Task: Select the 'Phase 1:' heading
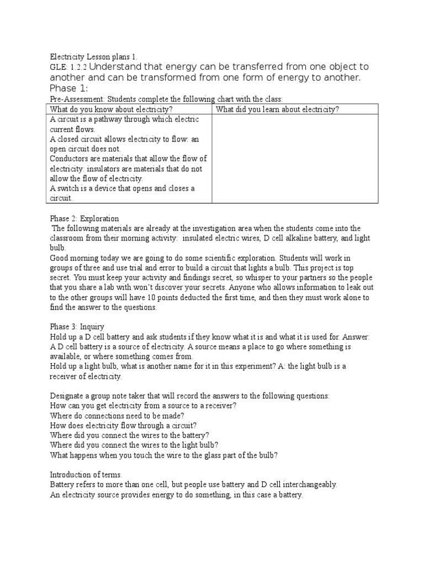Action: tap(68, 88)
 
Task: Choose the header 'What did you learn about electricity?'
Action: tap(277, 109)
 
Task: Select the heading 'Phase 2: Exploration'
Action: tap(84, 218)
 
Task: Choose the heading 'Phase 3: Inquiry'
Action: tap(77, 327)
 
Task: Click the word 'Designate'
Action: tap(67, 396)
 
